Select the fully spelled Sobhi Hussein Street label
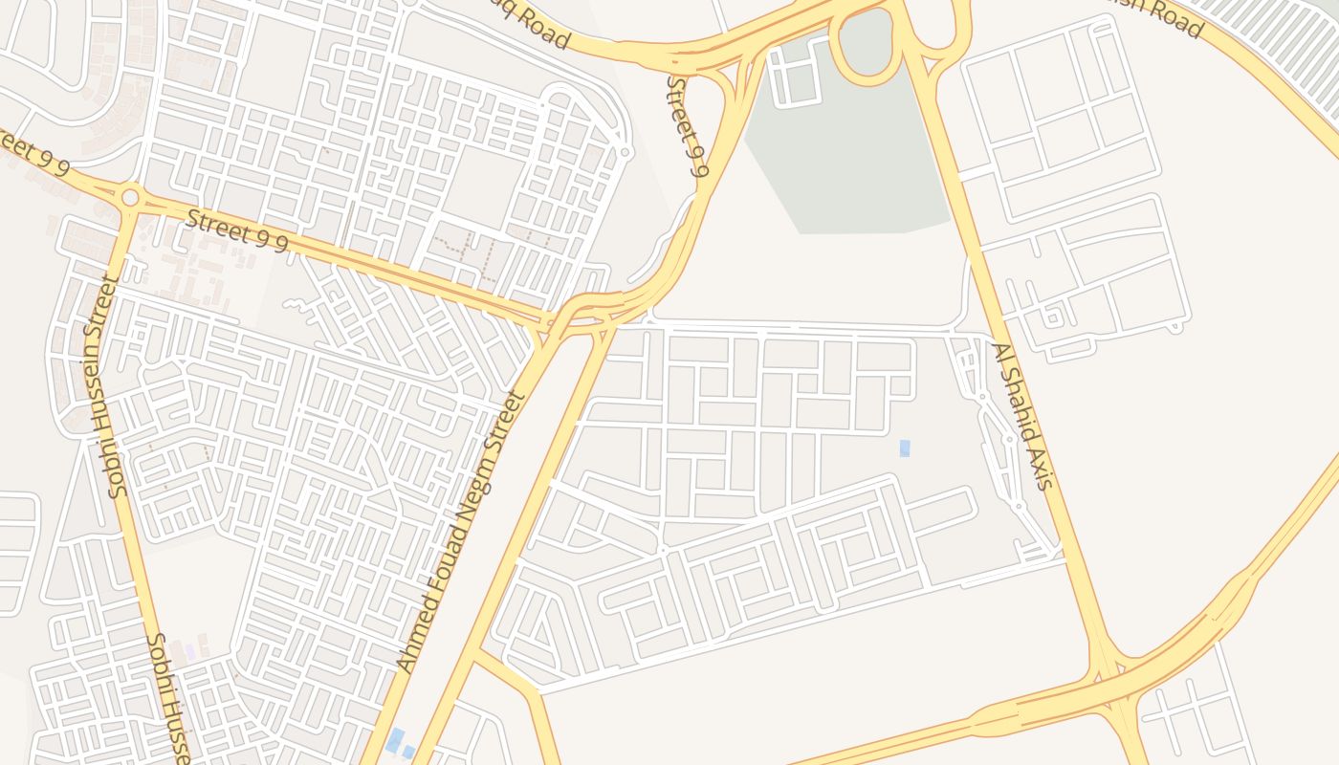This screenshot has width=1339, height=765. click(105, 387)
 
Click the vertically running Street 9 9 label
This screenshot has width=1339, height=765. click(686, 127)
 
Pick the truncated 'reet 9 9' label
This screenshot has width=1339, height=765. click(34, 156)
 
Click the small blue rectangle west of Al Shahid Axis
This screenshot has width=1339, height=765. click(905, 448)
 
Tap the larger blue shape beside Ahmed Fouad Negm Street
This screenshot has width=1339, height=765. click(394, 740)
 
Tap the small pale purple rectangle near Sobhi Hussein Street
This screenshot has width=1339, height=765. click(190, 651)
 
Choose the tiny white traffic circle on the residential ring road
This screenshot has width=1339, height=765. click(625, 152)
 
